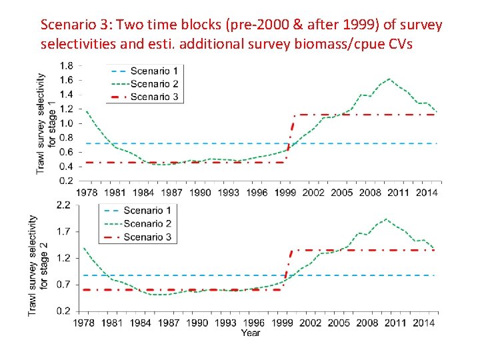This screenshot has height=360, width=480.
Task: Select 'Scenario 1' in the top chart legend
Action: (153, 71)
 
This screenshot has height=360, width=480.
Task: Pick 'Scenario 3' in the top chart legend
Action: (153, 97)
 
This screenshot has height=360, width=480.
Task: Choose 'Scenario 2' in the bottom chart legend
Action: (147, 223)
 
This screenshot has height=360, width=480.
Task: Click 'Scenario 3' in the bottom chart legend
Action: (147, 237)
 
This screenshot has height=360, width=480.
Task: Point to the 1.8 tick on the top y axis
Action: (67, 66)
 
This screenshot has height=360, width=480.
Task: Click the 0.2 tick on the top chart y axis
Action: (67, 181)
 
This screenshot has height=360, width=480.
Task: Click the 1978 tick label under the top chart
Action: (86, 193)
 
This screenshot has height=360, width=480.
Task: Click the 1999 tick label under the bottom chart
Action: (282, 323)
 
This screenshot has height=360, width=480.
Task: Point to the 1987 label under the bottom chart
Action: (169, 323)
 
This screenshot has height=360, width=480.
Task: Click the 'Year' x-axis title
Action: (251, 333)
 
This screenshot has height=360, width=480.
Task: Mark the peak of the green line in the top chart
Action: (390, 79)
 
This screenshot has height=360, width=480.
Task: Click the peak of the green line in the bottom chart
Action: (386, 219)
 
